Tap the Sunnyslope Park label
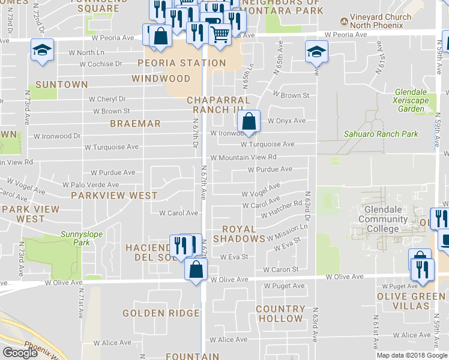[75, 238]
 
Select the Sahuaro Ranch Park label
[381, 134]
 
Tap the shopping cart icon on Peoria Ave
[220, 34]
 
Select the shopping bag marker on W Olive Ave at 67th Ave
[196, 269]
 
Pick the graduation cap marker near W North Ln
[42, 50]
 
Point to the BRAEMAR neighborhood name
[135, 124]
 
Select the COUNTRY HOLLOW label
[279, 313]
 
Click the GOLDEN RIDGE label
[161, 313]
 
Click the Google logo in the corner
[20, 353]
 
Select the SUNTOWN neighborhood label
[61, 85]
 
